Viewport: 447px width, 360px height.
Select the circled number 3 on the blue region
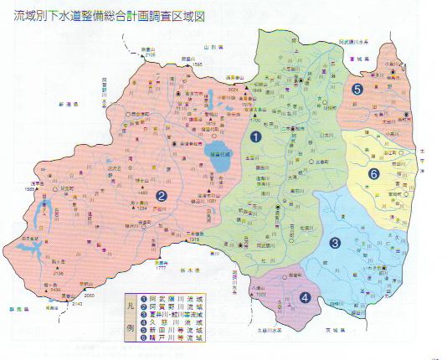(335, 244)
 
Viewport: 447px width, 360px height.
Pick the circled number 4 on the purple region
(306, 296)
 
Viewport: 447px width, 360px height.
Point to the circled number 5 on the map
(357, 88)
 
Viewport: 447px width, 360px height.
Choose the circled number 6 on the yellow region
(373, 173)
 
